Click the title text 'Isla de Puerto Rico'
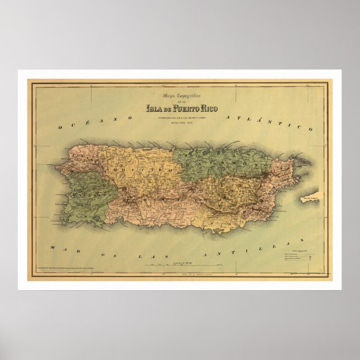(179, 108)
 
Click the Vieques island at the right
(311, 197)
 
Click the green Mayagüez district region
(84, 201)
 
